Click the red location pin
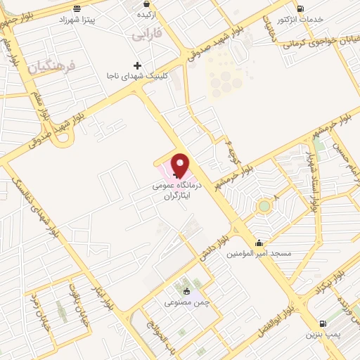(x=181, y=165)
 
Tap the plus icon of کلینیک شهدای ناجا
(x=138, y=65)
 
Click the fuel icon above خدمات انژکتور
(x=302, y=8)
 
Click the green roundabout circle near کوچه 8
(x=264, y=206)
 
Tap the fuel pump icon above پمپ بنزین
(x=322, y=324)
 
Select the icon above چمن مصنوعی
(x=186, y=291)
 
